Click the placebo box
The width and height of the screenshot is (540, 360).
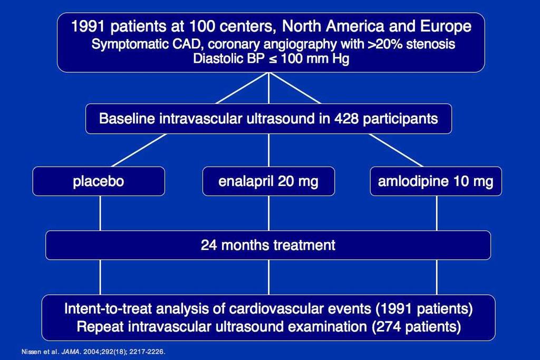pyautogui.click(x=99, y=181)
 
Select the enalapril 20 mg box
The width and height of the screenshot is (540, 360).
pyautogui.click(x=268, y=181)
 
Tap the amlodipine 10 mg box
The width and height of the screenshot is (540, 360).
pyautogui.click(x=436, y=181)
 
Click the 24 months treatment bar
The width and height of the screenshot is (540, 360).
pyautogui.click(x=268, y=245)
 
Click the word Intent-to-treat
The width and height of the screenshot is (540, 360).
pyautogui.click(x=108, y=309)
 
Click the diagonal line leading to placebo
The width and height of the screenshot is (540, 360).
pyautogui.click(x=139, y=150)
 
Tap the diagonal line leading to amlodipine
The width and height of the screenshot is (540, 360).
pyautogui.click(x=396, y=150)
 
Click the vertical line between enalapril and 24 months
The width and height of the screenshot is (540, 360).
pyautogui.click(x=268, y=213)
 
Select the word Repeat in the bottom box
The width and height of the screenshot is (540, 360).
pyautogui.click(x=100, y=327)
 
